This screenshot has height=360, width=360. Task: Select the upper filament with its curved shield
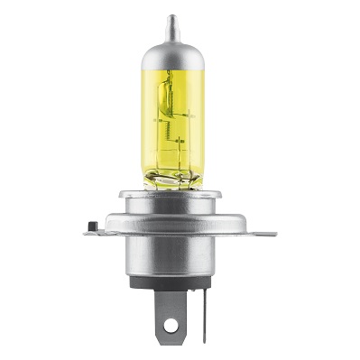[x=167, y=94]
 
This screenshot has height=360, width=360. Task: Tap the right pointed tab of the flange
[x=267, y=231]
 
